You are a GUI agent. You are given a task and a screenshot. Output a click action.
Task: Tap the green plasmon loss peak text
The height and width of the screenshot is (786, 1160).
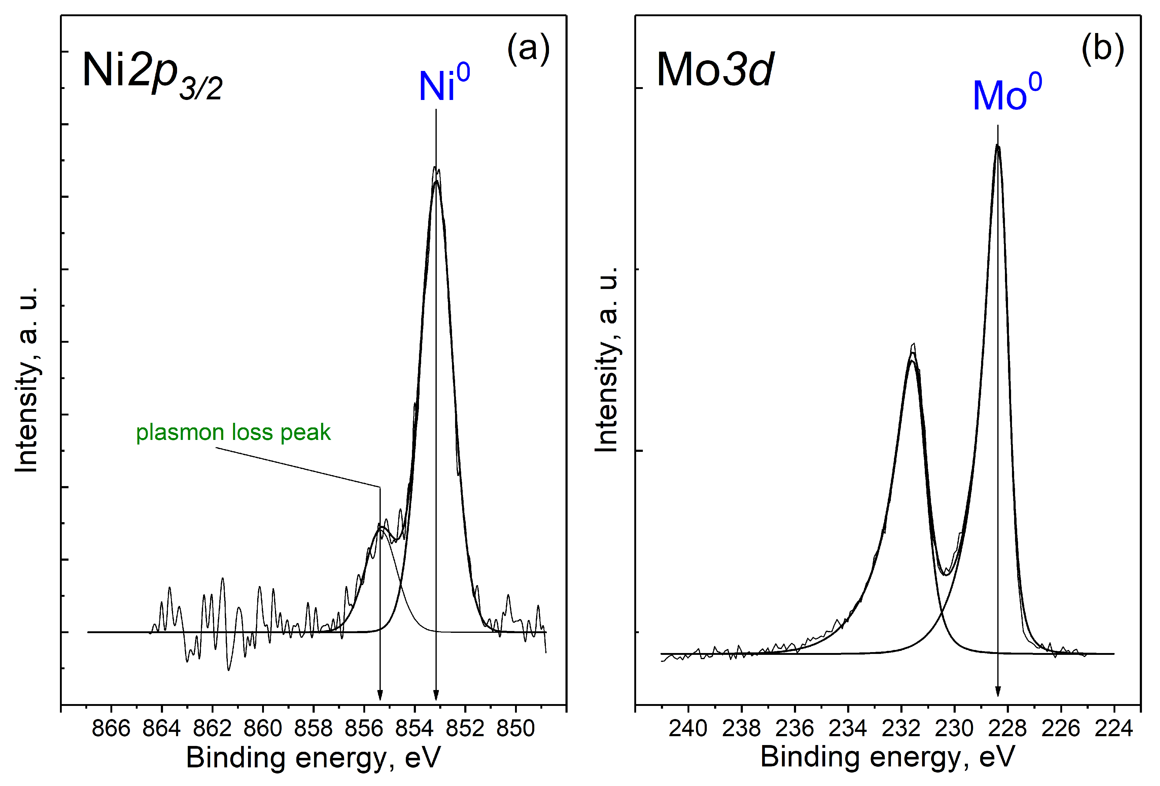(x=233, y=432)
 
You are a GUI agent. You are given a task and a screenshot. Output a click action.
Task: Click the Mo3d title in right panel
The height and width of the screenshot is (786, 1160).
(x=715, y=70)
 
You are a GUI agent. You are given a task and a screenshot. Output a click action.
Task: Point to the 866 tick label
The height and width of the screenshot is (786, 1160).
(x=111, y=729)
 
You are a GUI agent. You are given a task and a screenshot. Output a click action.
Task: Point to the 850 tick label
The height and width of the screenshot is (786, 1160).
(x=516, y=729)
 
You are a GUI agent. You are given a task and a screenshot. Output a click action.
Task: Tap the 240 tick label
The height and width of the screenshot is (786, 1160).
(x=688, y=729)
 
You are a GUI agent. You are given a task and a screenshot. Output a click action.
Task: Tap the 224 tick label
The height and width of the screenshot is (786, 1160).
(x=1114, y=729)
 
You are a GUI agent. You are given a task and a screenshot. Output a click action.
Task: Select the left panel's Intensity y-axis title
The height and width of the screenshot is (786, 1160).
(x=28, y=379)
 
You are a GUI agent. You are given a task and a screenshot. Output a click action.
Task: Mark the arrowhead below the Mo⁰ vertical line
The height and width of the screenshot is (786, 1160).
(x=998, y=691)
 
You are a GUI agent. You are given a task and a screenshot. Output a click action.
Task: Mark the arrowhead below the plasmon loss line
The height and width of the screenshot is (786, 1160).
(x=380, y=695)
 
